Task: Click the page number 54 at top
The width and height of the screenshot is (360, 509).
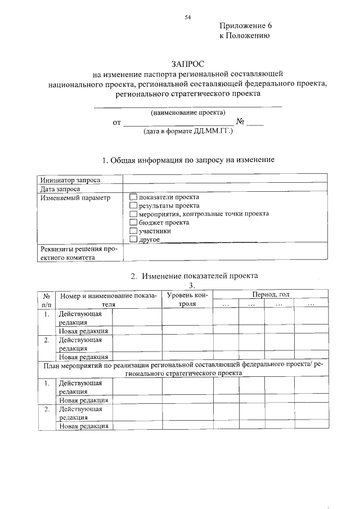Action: click(188, 17)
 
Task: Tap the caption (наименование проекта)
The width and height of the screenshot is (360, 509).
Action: click(188, 112)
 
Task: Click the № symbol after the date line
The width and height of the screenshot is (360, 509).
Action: click(240, 121)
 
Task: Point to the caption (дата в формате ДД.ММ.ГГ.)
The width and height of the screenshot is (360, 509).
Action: click(188, 130)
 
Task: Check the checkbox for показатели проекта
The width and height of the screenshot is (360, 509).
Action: click(133, 197)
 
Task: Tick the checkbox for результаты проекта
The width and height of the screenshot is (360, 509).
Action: click(133, 206)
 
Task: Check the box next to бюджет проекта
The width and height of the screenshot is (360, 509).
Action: click(133, 223)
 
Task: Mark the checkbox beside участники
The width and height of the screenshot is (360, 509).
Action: click(133, 231)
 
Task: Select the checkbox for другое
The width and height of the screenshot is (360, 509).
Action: click(133, 240)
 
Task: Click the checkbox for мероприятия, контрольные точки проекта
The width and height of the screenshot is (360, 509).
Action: click(133, 214)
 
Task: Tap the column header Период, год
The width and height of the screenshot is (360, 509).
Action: click(271, 295)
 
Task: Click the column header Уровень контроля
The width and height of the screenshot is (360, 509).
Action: click(187, 299)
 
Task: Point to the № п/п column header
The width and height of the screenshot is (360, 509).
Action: click(46, 299)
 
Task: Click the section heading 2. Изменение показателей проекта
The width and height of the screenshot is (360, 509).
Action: click(193, 276)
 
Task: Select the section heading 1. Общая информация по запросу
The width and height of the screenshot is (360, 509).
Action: click(188, 160)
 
